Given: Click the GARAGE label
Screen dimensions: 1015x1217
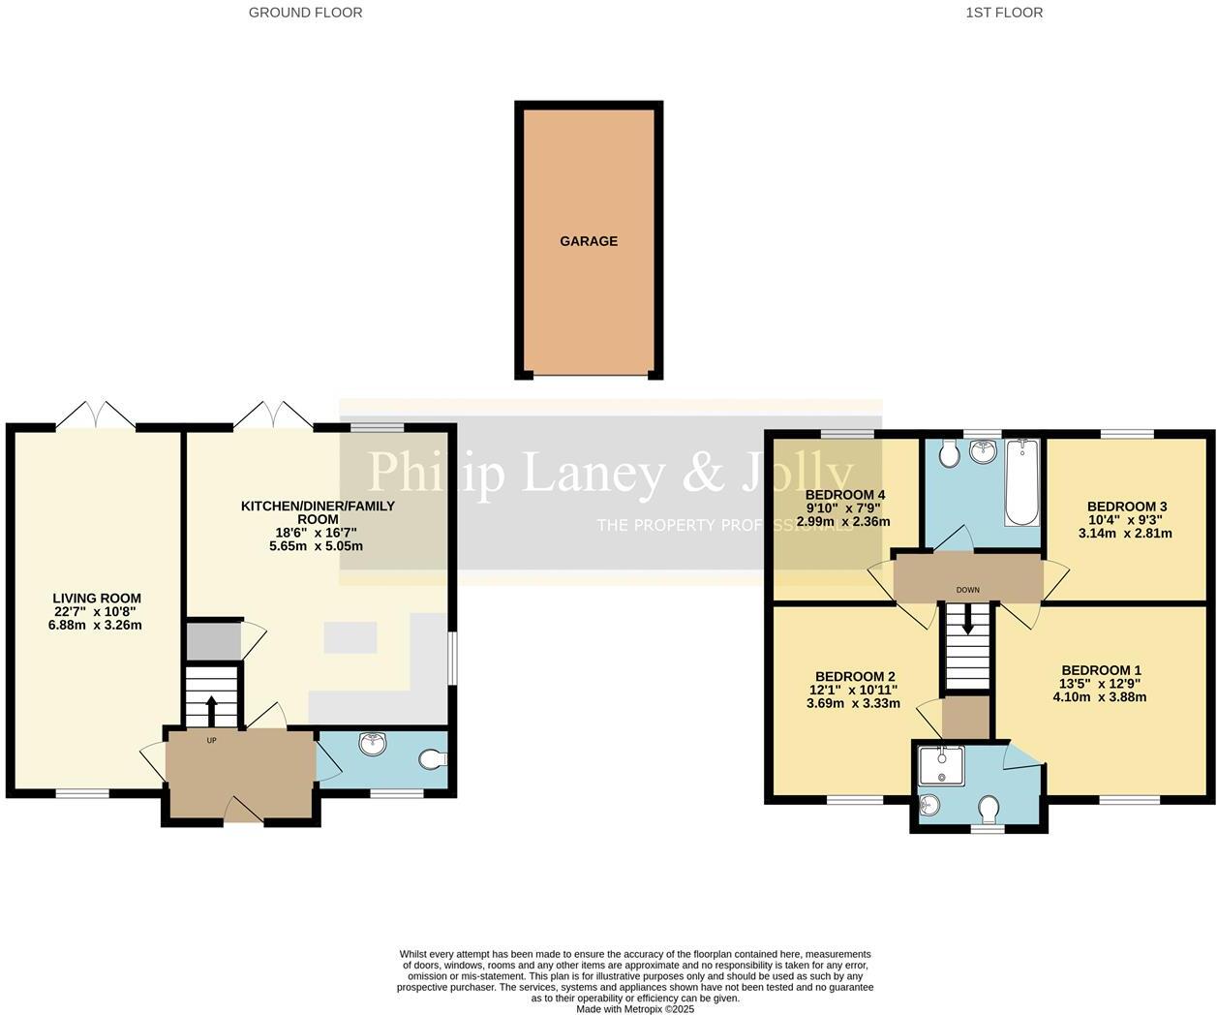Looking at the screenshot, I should click(588, 241).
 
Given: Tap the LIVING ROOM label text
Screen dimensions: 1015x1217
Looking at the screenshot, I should click(96, 599).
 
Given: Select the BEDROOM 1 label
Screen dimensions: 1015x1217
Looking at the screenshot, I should click(1101, 670).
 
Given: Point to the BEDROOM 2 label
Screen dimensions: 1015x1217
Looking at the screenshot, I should click(854, 677).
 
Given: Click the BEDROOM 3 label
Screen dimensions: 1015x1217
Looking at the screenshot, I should click(1126, 507).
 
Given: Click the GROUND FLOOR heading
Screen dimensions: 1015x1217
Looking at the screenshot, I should click(305, 13).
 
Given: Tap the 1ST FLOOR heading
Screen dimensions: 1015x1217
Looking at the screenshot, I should click(1004, 13).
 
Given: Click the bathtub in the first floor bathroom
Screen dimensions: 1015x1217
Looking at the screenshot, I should click(1021, 481).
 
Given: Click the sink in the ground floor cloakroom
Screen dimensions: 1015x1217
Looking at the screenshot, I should click(373, 744).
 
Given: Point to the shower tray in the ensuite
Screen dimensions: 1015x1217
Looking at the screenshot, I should click(940, 765).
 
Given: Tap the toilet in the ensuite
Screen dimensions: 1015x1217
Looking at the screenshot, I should click(989, 807).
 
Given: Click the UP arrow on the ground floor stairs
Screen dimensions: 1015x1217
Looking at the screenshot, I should click(211, 709).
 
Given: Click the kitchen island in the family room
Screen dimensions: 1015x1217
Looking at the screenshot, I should click(350, 638).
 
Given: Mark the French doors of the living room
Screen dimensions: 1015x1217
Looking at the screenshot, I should click(95, 415).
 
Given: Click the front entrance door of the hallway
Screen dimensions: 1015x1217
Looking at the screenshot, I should click(243, 812).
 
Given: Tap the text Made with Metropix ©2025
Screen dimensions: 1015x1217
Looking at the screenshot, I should click(635, 1009).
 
